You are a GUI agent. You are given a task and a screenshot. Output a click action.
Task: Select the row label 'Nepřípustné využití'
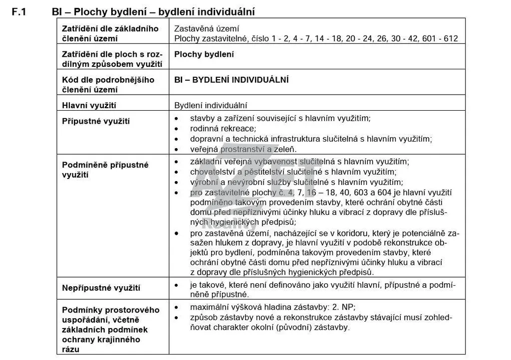click(101, 288)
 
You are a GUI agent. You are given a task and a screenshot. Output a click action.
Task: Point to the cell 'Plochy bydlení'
click(204, 54)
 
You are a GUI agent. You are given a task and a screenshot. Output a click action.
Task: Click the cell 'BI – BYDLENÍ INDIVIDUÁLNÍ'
click(232, 80)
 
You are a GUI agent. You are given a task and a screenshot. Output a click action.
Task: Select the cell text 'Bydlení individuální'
click(211, 106)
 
